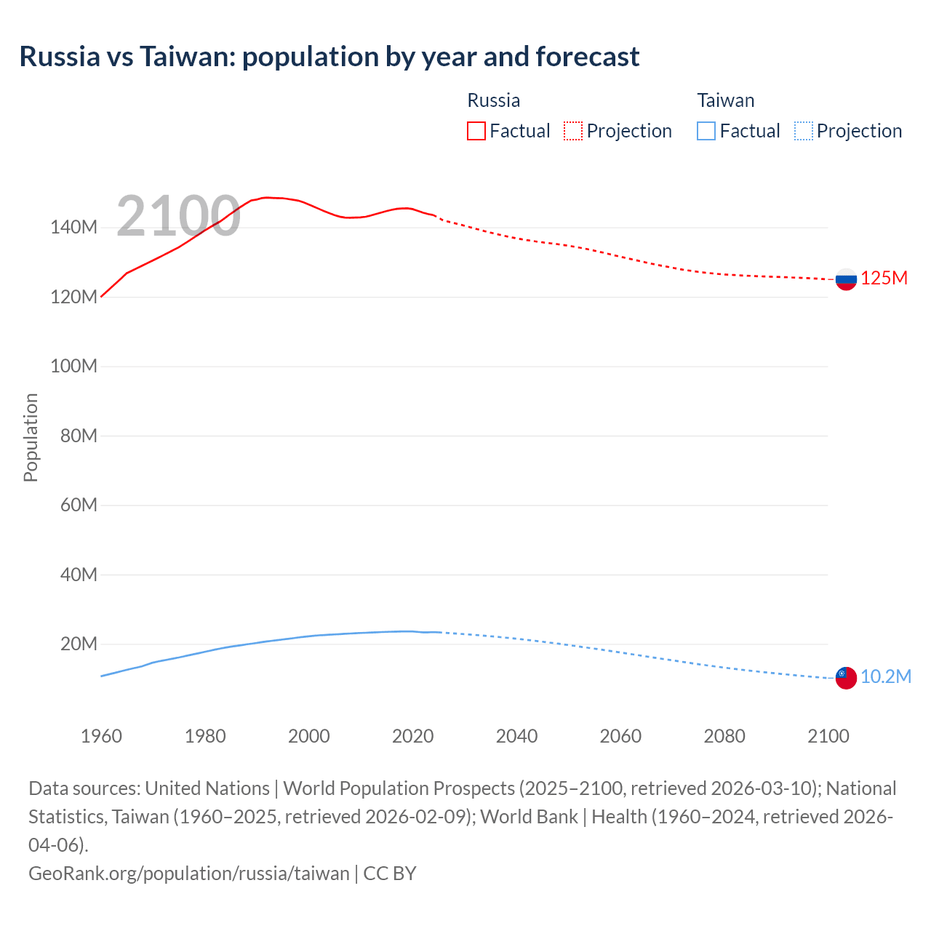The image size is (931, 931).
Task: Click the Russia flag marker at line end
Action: [846, 279]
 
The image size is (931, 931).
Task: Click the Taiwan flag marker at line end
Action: [846, 678]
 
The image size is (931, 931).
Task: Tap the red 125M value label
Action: [884, 279]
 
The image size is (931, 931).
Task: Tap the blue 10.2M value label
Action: [886, 677]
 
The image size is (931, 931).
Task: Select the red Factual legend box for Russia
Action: [476, 131]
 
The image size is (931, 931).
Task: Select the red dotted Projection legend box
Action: [573, 131]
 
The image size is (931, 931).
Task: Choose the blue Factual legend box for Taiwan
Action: [706, 131]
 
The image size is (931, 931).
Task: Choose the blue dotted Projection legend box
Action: [803, 131]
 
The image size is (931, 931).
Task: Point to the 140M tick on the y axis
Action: [73, 228]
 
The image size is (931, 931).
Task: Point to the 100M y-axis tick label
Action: [73, 367]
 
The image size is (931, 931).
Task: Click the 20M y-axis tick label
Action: [79, 644]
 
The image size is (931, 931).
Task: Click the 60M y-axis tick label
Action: [79, 506]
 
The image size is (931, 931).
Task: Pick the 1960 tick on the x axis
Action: [101, 736]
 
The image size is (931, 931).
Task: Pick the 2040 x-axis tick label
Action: [516, 736]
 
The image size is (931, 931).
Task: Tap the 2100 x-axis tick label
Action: [828, 736]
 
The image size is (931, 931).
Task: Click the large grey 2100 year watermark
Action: [178, 216]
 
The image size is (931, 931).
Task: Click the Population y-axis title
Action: [31, 437]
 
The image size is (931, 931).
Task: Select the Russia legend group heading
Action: [493, 100]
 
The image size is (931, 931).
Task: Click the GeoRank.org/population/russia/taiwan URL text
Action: [189, 874]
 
